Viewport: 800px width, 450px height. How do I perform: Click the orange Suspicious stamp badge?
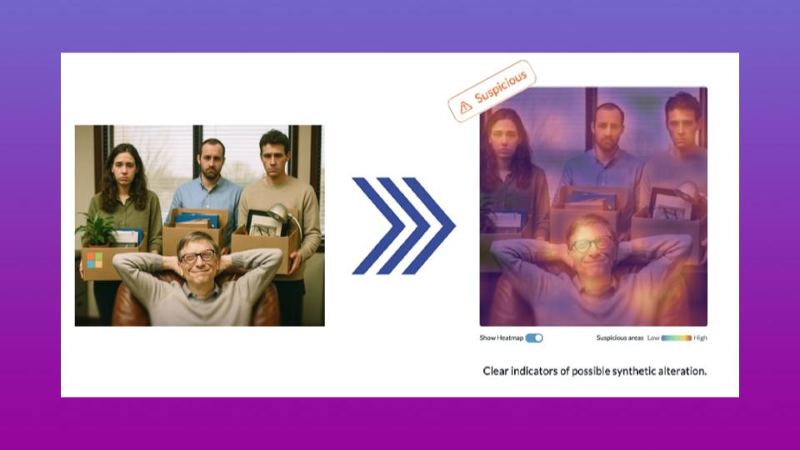point(492,91)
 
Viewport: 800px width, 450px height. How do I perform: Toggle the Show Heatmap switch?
point(534,337)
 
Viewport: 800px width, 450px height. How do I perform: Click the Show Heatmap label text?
point(500,337)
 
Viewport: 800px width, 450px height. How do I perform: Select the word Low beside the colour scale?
point(653,337)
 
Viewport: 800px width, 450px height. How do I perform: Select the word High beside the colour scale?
point(700,337)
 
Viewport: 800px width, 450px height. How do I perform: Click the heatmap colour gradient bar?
point(677,337)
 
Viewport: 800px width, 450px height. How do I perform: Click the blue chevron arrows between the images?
point(403,225)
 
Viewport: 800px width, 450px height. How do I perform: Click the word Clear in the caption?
point(498,371)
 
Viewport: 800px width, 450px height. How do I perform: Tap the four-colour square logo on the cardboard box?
point(94,260)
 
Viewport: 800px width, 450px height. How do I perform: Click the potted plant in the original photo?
point(97,227)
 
